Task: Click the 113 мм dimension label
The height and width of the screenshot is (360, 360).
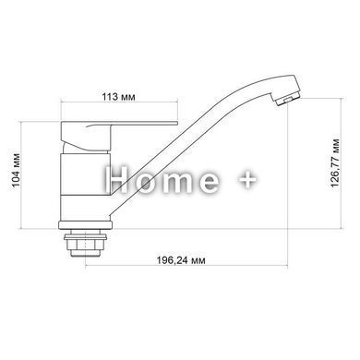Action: point(118,97)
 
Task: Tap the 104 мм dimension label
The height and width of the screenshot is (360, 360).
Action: point(16,170)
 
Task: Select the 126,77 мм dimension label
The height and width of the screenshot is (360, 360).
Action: point(335,163)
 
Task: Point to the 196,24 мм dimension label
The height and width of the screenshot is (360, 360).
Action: point(181,260)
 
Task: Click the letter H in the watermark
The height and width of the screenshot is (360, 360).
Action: point(115,179)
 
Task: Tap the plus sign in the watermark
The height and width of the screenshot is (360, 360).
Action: point(248,180)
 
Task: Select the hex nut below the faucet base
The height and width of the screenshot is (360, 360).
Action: point(85,245)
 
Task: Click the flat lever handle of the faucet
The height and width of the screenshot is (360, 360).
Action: point(119,124)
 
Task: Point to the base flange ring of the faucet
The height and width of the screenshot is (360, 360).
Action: point(86,225)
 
